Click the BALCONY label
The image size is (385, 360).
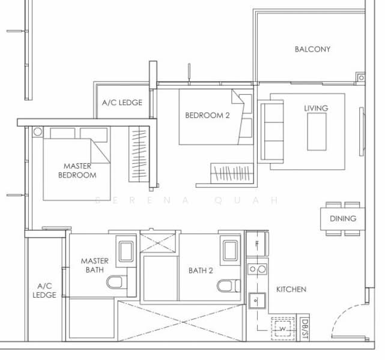(312, 49)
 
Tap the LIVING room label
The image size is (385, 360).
(316, 108)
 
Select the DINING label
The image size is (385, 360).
(342, 219)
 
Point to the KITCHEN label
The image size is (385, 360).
(291, 289)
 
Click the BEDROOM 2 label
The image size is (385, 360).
(207, 116)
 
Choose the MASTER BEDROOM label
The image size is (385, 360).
(77, 170)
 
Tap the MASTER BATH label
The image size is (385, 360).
(95, 265)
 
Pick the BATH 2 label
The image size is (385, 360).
(201, 271)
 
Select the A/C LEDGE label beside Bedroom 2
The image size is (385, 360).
(122, 103)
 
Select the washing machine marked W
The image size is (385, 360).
(282, 329)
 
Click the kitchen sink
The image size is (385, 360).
(258, 298)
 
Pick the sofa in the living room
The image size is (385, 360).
(271, 130)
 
